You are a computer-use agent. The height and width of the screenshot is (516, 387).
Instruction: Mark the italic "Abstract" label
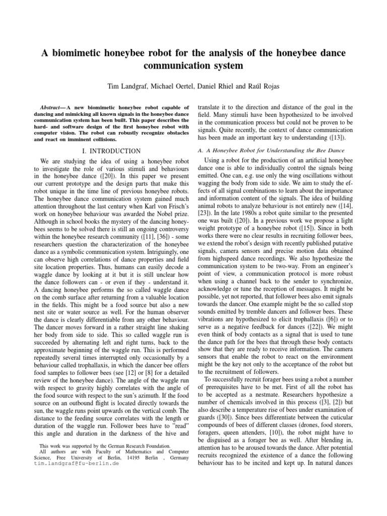52,108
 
